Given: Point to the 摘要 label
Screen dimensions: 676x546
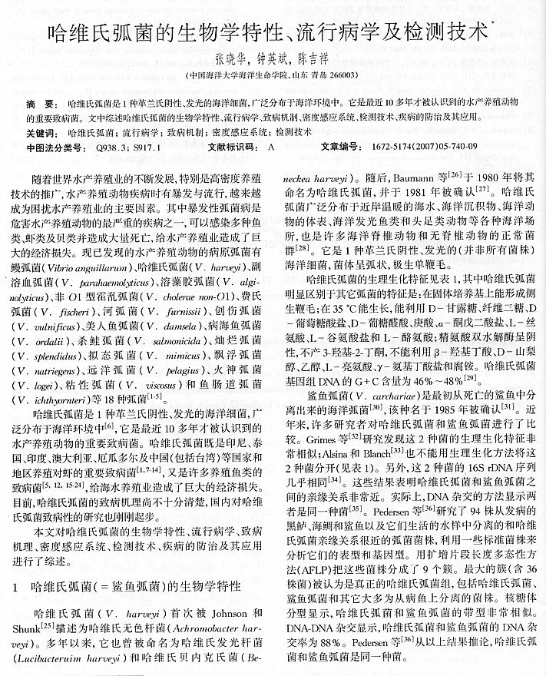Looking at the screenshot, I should pyautogui.click(x=39, y=103).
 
